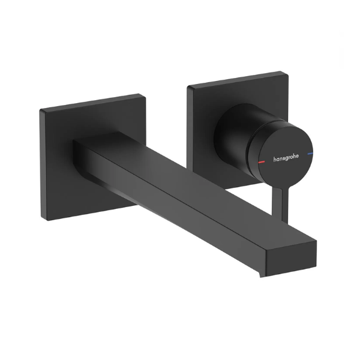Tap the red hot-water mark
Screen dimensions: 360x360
point(262,162)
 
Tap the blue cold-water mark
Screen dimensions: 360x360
point(310,153)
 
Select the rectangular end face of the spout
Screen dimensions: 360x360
point(291,259)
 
